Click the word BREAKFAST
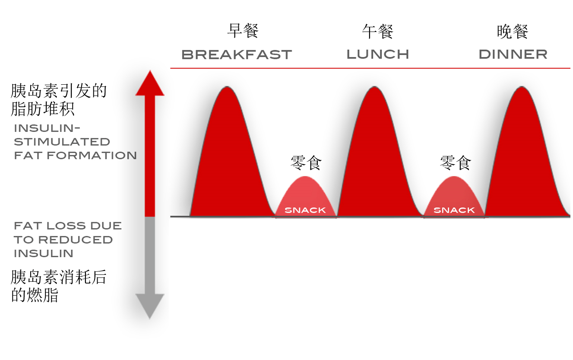pos(237,54)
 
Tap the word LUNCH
pos(378,54)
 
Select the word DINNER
pos(513,54)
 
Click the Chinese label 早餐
pos(243,31)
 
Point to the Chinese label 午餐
pos(378,32)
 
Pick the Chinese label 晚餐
pos(513,32)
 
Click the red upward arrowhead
pos(150,83)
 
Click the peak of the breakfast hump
pos(227,87)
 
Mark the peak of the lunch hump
pos(374,87)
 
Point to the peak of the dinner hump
pos(522,87)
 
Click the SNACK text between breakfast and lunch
pos(305,210)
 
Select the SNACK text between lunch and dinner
pos(454,210)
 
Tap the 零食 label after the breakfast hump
pos(306,162)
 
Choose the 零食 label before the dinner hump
pos(455,162)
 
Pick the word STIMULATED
pos(62,142)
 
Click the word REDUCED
pos(76,240)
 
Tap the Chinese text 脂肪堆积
pos(43,109)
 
